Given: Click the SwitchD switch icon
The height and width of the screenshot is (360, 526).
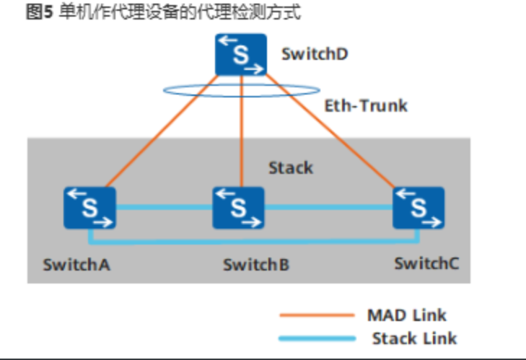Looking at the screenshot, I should pos(241,55).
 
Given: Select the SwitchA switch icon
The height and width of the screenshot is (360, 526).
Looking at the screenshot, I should pos(89,207).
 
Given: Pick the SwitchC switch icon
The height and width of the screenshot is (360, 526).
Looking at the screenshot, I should pos(418,207).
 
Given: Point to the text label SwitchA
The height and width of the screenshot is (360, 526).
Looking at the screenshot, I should pos(76,264).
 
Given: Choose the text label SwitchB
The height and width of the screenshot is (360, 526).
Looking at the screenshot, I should pos(256,265).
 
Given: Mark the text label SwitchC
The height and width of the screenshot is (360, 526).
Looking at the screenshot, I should pos(426,263).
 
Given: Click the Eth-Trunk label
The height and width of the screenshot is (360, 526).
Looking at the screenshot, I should pos(365,106).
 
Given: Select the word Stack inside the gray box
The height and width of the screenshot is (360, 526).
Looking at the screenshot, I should pos(291,168).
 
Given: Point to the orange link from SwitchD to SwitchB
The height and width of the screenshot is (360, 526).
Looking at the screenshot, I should pos(240,137).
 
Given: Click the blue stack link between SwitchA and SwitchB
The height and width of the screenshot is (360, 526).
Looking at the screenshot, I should pos(164,207).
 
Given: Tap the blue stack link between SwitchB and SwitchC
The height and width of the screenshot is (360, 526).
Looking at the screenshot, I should pos(328,207).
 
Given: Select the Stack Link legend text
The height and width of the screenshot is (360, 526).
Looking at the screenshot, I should pos(414,338).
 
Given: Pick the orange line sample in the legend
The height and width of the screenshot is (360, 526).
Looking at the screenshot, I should pos(316,315).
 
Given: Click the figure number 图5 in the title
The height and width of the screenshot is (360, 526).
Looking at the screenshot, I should pos(35,13).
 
